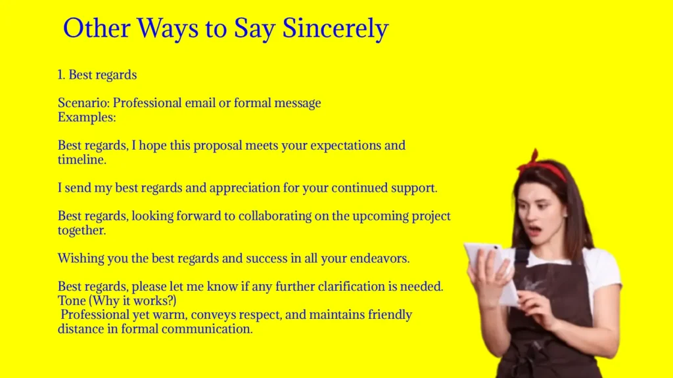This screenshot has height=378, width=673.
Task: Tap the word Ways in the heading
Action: (x=174, y=29)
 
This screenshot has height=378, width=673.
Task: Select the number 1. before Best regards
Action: (x=62, y=75)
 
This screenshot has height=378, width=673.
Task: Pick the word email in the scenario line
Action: (x=198, y=104)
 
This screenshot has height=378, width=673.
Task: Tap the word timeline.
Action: (x=80, y=159)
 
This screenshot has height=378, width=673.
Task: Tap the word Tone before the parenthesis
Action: (x=72, y=301)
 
